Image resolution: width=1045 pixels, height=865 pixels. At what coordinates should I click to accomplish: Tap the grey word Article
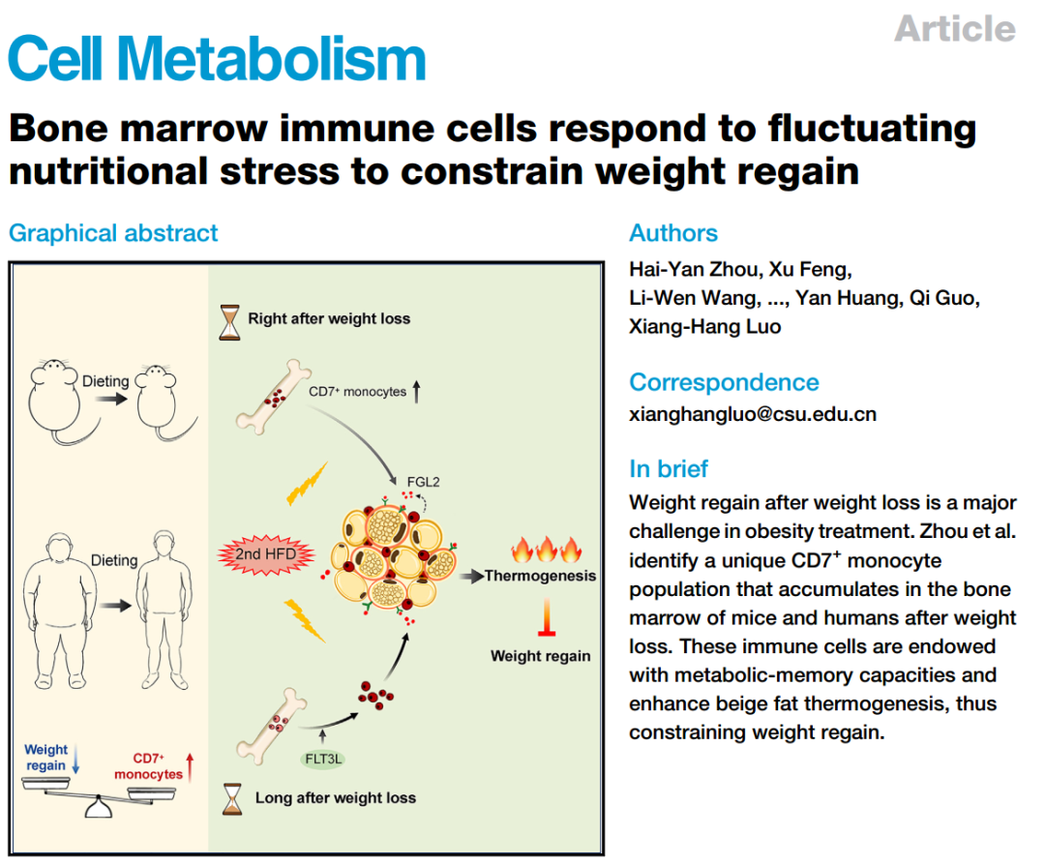click(x=954, y=28)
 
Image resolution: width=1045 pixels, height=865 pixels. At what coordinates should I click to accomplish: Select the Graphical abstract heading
click(x=113, y=233)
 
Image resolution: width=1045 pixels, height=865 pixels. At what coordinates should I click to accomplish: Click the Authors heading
click(x=673, y=233)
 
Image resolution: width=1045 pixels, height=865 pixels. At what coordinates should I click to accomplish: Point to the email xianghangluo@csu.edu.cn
click(x=753, y=414)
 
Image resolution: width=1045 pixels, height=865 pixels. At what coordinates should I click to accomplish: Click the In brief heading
click(x=669, y=469)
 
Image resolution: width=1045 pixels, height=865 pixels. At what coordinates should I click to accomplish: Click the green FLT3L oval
click(x=323, y=759)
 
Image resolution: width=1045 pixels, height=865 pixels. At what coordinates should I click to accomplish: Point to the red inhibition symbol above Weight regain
click(x=547, y=620)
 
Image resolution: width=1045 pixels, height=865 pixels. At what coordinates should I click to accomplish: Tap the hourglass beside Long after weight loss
click(x=232, y=798)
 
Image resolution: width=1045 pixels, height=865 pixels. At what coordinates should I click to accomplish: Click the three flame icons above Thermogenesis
click(x=547, y=550)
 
